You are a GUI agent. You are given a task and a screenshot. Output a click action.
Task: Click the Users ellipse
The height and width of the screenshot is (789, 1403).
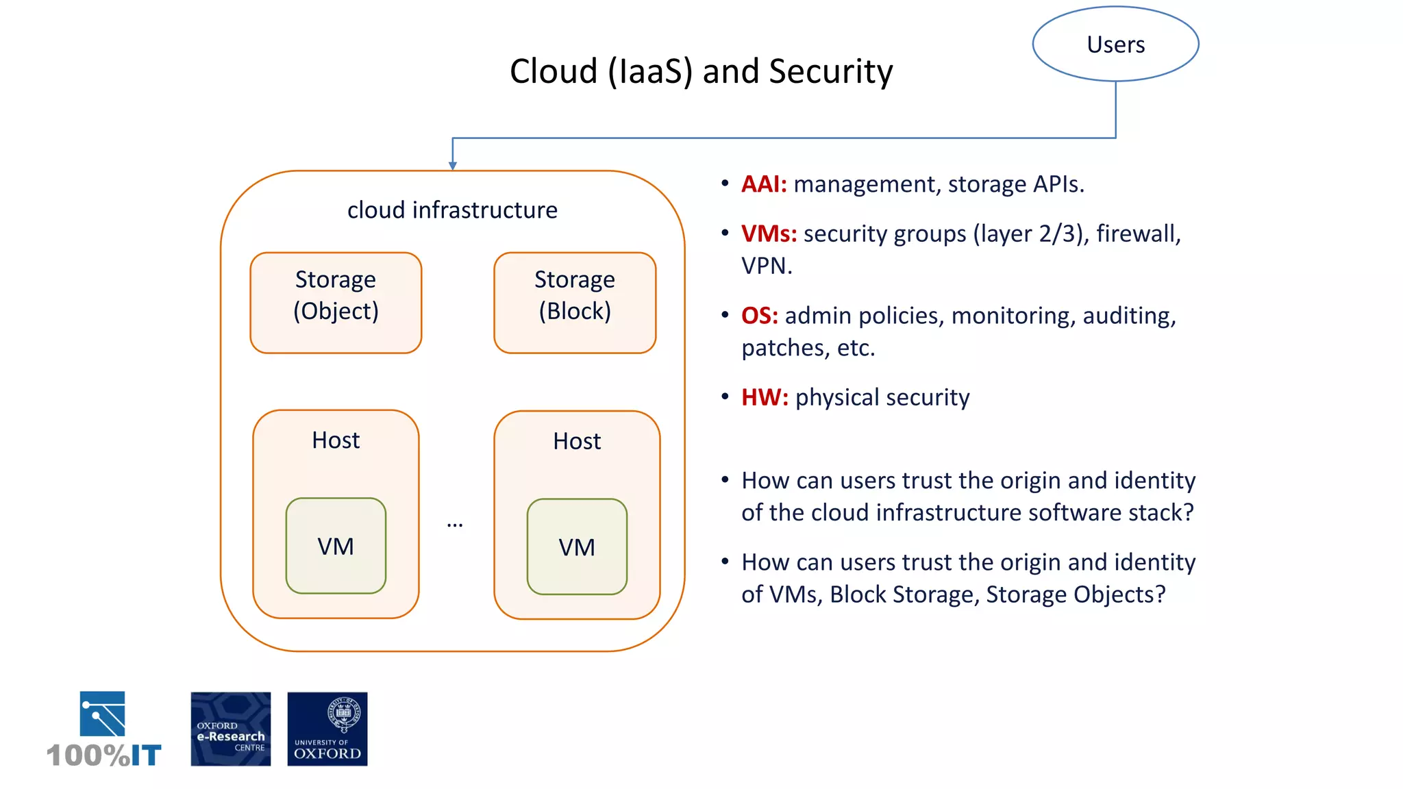pos(1115,45)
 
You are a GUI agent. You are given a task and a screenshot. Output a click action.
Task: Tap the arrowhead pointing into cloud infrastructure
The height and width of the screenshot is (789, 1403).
pos(452,166)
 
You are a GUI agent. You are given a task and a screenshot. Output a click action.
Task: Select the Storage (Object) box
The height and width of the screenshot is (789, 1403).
pos(336,302)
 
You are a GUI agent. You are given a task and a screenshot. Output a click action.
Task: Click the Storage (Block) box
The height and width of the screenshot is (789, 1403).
pos(575,302)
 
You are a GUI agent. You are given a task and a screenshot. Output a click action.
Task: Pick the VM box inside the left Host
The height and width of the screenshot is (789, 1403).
pos(336,546)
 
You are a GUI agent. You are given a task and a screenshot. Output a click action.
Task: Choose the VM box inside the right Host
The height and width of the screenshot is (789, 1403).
pos(577,547)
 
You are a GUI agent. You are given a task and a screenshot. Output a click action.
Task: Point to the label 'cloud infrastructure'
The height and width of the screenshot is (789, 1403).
pos(452,210)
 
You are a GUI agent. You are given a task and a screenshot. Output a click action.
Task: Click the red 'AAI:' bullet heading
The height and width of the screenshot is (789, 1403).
pos(764,184)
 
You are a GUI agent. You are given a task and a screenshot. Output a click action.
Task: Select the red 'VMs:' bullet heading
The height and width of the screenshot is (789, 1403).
pos(769,234)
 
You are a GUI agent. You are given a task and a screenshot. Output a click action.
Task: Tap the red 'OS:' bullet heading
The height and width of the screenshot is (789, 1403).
pos(760,316)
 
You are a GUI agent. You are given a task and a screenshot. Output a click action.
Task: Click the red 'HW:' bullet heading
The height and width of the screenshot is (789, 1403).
pos(765,397)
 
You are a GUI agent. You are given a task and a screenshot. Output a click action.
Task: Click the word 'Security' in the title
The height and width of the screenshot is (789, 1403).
pos(830,72)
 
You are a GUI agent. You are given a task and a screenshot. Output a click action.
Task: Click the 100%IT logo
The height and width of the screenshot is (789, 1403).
pos(103,729)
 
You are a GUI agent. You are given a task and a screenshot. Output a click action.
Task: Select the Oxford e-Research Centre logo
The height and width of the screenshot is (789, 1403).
pos(230,729)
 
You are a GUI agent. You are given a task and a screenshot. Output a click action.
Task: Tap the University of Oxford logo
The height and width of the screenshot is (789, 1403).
pos(327,729)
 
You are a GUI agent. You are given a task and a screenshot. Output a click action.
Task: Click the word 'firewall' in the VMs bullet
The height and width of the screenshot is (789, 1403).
pos(1138,234)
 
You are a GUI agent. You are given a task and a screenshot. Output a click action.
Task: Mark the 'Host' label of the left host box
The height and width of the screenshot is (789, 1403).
pos(336,440)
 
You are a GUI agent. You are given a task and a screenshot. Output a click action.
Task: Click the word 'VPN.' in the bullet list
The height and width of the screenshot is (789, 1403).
pos(767,266)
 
